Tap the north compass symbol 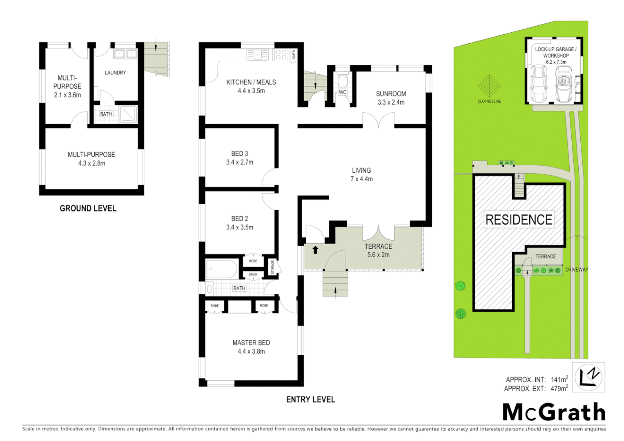click(588, 377)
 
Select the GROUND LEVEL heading click(88, 208)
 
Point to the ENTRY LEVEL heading click(310, 399)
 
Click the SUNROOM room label click(391, 94)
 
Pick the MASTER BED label click(251, 343)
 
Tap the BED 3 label click(240, 154)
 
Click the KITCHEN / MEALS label click(251, 82)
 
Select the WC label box click(343, 92)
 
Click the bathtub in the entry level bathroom click(222, 269)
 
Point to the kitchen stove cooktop click(281, 55)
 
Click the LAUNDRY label click(116, 73)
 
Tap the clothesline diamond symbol click(489, 86)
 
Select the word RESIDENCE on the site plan click(519, 220)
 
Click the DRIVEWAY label click(577, 269)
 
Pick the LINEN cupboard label click(253, 274)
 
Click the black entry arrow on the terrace click(315, 250)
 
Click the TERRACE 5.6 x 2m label click(378, 250)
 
